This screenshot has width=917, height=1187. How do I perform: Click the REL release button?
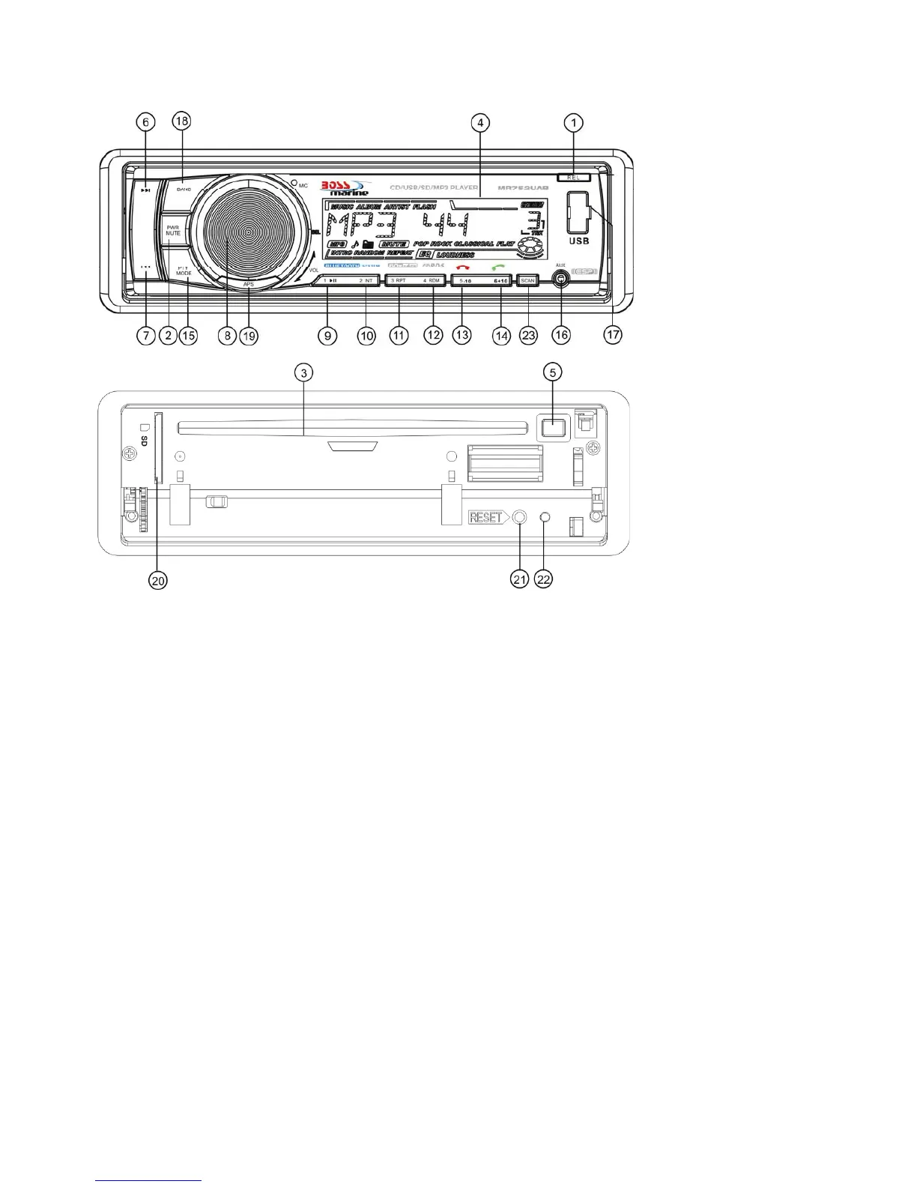pyautogui.click(x=573, y=178)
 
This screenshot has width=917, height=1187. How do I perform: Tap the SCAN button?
pyautogui.click(x=528, y=280)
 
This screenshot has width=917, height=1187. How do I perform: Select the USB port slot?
pyautogui.click(x=578, y=212)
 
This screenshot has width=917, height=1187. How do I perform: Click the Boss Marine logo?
pyautogui.click(x=345, y=188)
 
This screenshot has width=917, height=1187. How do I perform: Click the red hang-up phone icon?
pyautogui.click(x=463, y=268)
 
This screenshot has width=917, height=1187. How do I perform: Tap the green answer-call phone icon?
pyautogui.click(x=498, y=268)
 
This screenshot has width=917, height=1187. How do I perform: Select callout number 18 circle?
pyautogui.click(x=182, y=121)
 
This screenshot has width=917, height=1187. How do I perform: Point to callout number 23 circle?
pyautogui.click(x=529, y=336)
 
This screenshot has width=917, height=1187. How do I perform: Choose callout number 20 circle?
pyautogui.click(x=157, y=580)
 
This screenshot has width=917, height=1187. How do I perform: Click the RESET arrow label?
pyautogui.click(x=488, y=517)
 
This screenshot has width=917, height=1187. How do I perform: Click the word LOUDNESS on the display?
pyautogui.click(x=455, y=255)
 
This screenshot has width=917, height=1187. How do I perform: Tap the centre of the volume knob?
pyautogui.click(x=246, y=232)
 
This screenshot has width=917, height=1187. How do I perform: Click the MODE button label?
pyautogui.click(x=184, y=274)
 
